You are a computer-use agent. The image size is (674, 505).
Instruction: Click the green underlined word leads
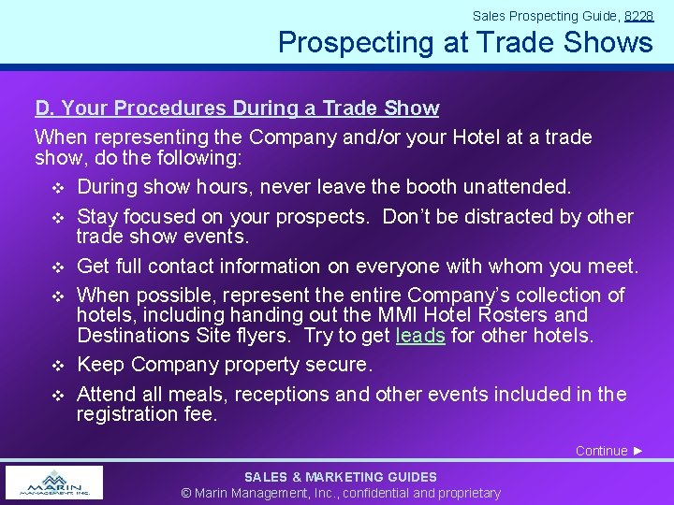pyautogui.click(x=420, y=335)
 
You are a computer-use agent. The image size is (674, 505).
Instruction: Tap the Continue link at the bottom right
pyautogui.click(x=609, y=451)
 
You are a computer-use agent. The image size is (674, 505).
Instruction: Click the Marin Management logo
pyautogui.click(x=53, y=483)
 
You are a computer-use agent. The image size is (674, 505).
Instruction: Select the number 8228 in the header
pyautogui.click(x=638, y=16)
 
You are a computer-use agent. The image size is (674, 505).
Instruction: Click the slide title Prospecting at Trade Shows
pyautogui.click(x=465, y=42)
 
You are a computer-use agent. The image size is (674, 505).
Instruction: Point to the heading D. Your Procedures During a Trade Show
pyautogui.click(x=237, y=108)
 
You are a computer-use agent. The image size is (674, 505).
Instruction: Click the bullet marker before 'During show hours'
pyautogui.click(x=56, y=187)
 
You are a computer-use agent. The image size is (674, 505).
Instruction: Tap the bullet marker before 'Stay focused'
pyautogui.click(x=56, y=217)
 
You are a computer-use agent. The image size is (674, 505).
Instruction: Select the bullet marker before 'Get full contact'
pyautogui.click(x=56, y=267)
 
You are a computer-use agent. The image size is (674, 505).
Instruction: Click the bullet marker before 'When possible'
pyautogui.click(x=56, y=296)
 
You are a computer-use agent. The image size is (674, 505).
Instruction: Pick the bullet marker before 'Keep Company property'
pyautogui.click(x=56, y=365)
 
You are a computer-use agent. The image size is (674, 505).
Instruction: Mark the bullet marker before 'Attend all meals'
pyautogui.click(x=56, y=395)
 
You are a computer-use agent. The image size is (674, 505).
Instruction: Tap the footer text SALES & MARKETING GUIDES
pyautogui.click(x=341, y=477)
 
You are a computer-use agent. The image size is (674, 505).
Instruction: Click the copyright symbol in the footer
pyautogui.click(x=186, y=493)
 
